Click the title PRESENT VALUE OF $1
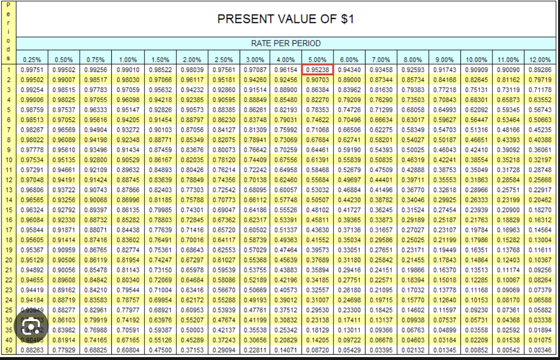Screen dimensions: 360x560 [x=286, y=19]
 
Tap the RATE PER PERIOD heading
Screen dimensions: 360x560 [x=286, y=43]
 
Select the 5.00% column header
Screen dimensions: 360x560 [x=317, y=60]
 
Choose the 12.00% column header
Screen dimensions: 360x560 [x=540, y=60]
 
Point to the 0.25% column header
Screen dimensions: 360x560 [x=33, y=60]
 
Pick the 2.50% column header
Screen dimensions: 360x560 [x=224, y=60]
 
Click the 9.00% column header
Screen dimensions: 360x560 [x=444, y=60]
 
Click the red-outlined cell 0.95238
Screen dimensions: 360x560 [x=317, y=70]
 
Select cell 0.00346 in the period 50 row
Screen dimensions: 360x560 [x=540, y=350]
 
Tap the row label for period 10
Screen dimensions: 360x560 [x=8, y=159]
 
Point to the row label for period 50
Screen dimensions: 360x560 [x=8, y=350]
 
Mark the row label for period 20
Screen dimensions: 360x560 [x=8, y=260]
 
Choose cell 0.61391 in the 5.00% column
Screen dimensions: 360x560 [x=317, y=159]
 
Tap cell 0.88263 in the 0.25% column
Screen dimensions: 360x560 [x=33, y=350]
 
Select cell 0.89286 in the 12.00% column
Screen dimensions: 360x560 [x=540, y=70]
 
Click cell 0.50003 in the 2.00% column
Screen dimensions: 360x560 [x=192, y=330]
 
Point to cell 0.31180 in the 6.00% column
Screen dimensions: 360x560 [x=349, y=260]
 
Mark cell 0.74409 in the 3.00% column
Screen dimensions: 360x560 [x=255, y=159]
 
